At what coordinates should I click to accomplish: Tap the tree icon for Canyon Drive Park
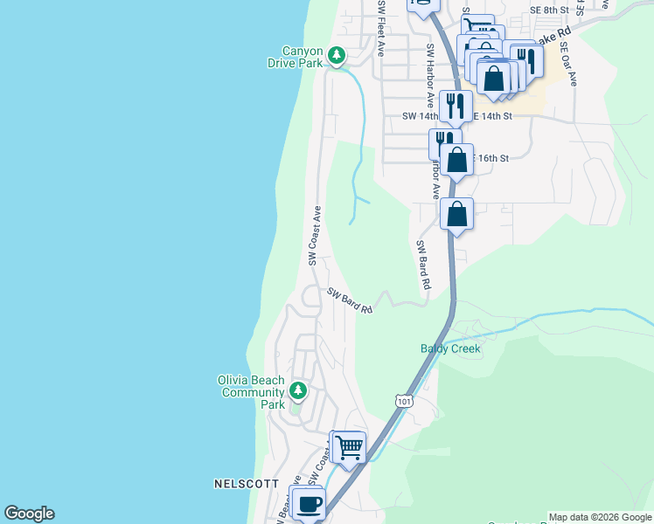click(x=337, y=56)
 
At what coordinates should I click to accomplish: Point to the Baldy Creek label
click(x=450, y=348)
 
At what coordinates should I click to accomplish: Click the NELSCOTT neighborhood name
click(x=246, y=483)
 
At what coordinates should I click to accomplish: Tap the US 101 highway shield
click(x=403, y=400)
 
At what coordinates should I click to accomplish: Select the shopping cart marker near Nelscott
click(x=349, y=447)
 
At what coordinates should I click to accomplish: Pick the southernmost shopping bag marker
click(x=456, y=213)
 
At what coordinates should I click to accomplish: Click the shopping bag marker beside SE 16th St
click(x=456, y=160)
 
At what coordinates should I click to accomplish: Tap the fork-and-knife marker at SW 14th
click(x=456, y=107)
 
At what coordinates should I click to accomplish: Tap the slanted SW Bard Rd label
click(x=351, y=302)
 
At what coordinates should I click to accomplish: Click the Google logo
click(x=29, y=514)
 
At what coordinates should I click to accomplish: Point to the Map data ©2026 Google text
click(x=600, y=517)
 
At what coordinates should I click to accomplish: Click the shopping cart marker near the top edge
click(x=477, y=29)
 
